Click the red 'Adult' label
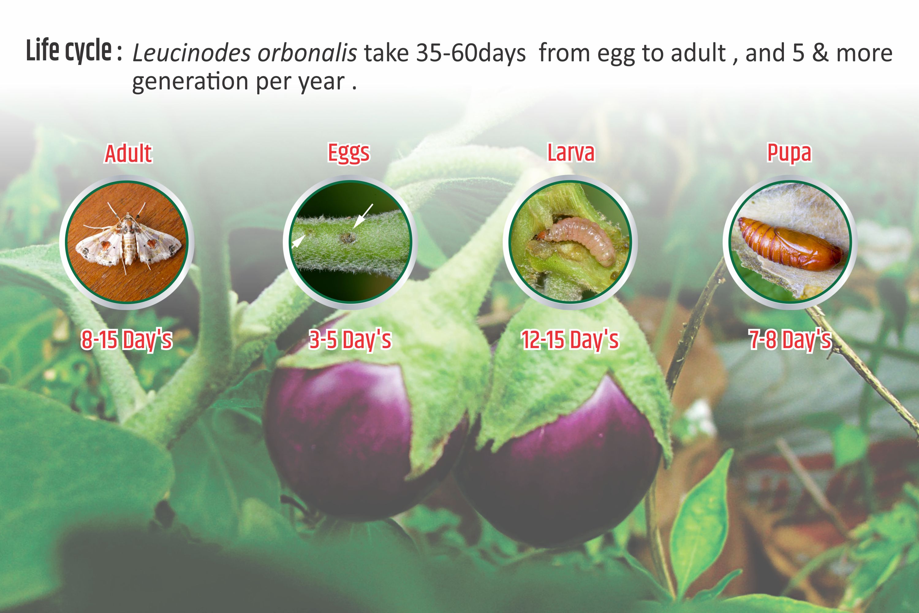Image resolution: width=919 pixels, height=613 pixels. (x=128, y=153)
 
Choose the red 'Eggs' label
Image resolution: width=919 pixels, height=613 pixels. (x=349, y=153)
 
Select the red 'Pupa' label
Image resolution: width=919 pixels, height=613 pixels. (x=789, y=153)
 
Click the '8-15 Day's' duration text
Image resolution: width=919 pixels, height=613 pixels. (x=127, y=339)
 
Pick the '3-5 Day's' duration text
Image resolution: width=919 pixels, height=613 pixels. (x=350, y=339)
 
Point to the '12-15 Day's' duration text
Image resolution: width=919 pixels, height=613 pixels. (x=570, y=339)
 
